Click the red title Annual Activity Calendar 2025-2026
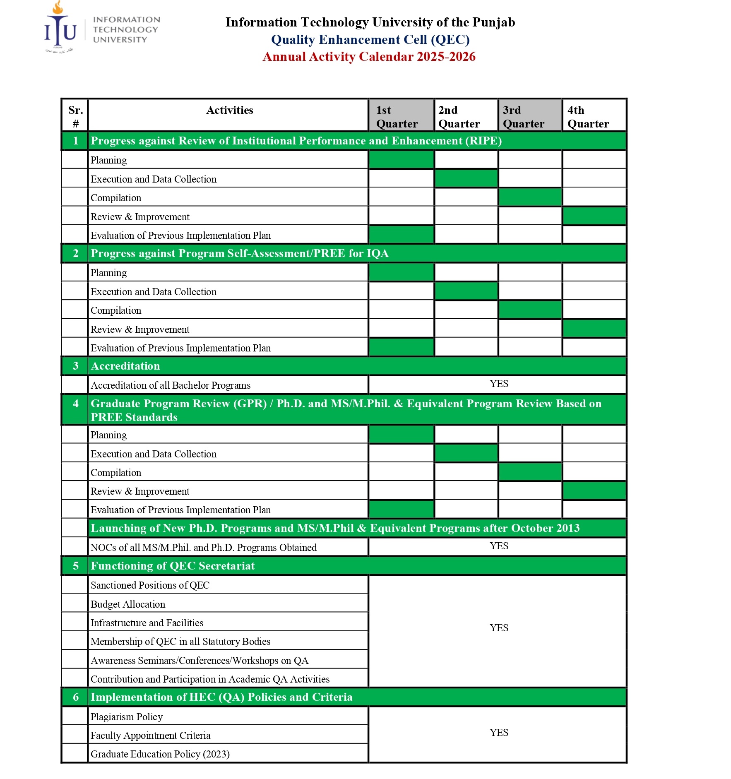coord(369,57)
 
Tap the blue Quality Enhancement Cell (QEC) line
coord(370,39)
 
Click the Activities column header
coord(229,110)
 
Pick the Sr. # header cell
coord(75,116)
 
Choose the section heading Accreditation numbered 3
coord(125,366)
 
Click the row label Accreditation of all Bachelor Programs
coord(170,385)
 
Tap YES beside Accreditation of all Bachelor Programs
coord(499,384)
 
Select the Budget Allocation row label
coord(127,604)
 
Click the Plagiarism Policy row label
coord(126,717)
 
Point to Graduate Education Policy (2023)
coord(160,754)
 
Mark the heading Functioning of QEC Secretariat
coord(173,566)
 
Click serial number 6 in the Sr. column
coord(76,697)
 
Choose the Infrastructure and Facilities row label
coord(147,623)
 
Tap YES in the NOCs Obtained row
coord(499,546)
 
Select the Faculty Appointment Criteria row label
coord(150,736)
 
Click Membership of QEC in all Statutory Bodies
coord(180,642)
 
